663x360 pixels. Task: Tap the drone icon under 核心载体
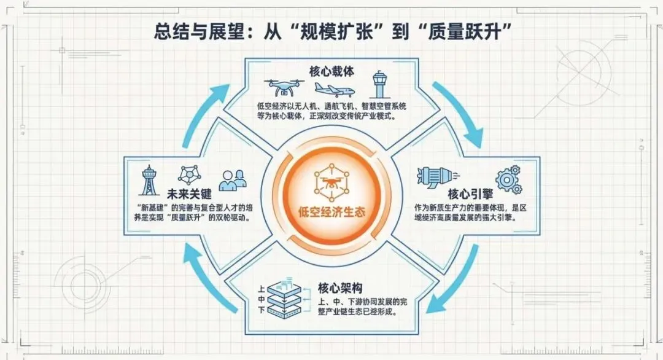281,87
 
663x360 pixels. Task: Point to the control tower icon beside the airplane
379,87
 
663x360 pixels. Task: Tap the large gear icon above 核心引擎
507,178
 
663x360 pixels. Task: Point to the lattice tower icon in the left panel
149,179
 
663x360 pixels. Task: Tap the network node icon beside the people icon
192,176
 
